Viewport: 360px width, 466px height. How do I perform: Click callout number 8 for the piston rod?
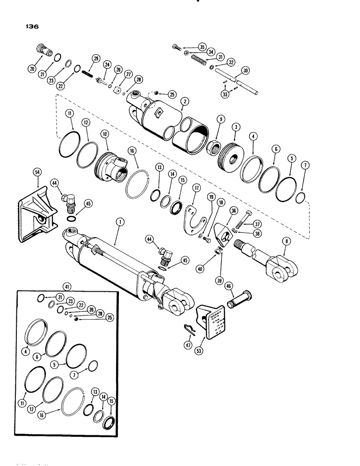(x=284, y=241)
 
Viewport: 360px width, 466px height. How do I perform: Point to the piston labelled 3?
(x=228, y=142)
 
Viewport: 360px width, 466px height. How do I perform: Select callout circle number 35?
(x=201, y=47)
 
